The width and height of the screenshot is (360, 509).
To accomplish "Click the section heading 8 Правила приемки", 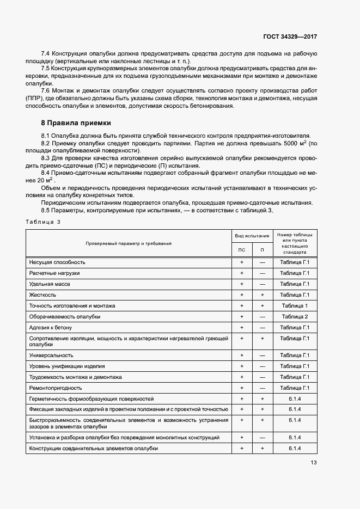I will [72, 123].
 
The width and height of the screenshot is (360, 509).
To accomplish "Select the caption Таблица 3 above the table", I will [43, 222].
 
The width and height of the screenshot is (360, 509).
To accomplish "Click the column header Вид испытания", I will [252, 236].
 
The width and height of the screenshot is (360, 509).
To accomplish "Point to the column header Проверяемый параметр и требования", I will [128, 243].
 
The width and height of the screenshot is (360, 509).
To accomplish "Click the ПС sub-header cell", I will [242, 249].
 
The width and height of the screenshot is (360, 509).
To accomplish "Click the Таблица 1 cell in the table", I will [295, 306].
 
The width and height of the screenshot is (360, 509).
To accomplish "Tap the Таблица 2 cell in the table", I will [295, 317].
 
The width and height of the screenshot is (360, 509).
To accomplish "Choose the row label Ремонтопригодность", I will [56, 388].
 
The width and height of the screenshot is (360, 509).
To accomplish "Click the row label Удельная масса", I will [50, 284].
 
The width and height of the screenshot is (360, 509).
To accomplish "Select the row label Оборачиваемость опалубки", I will [65, 317].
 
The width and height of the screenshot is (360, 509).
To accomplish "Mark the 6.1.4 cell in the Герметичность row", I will [295, 398].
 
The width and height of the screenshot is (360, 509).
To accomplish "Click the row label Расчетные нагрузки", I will [54, 273].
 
